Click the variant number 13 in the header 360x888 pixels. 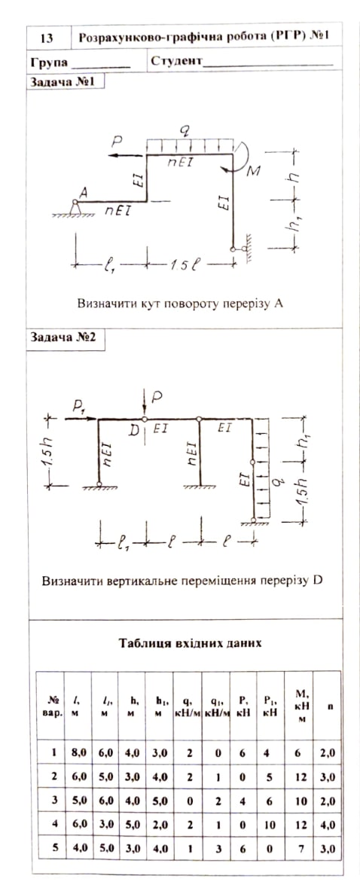(x=47, y=38)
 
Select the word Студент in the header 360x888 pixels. (x=176, y=61)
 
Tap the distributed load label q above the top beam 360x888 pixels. (x=184, y=130)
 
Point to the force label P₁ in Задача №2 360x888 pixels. (x=78, y=406)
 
